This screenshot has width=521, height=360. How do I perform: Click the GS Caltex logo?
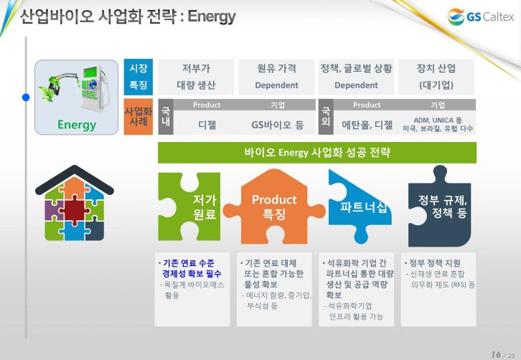(481, 16)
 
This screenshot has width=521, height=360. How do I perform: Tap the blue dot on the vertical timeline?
(26, 98)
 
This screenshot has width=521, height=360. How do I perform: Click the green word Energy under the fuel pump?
(77, 125)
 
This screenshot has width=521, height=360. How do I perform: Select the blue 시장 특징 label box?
(139, 77)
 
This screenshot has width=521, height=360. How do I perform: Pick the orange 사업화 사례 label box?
(139, 117)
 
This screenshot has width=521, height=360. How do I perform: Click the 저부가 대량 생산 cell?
(196, 77)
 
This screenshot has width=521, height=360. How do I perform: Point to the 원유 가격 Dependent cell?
(276, 77)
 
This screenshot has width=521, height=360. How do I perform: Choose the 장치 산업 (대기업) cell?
(436, 77)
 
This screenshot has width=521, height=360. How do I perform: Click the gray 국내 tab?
(166, 117)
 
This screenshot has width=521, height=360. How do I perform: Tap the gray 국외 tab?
(326, 117)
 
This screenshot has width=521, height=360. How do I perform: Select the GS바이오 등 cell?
(278, 125)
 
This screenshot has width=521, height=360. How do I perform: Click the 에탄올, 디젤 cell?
(367, 125)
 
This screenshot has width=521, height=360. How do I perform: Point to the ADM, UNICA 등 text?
(438, 120)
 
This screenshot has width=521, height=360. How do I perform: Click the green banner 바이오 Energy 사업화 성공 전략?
(317, 153)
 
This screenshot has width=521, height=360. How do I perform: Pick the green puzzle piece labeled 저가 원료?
(189, 207)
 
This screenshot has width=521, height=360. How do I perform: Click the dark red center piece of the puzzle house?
(74, 211)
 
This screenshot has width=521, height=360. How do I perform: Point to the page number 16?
(496, 354)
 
